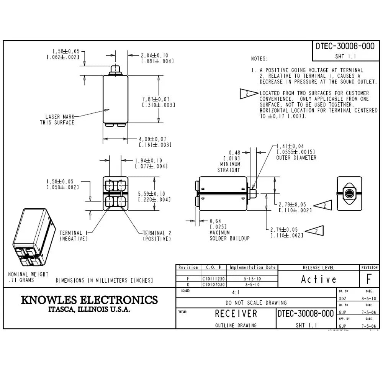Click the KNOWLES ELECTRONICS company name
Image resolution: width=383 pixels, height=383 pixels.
tap(89, 300)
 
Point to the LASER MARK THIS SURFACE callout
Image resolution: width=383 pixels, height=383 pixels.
tap(57, 119)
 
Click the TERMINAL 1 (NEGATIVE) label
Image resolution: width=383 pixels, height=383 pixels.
tap(74, 236)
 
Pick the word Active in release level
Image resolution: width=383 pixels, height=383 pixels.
tap(318, 280)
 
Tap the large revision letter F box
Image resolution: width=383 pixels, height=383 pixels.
tap(369, 280)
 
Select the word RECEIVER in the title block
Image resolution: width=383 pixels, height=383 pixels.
tap(236, 314)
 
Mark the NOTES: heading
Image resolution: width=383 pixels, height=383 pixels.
tap(259, 59)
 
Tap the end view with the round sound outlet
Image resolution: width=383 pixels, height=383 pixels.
tap(349, 194)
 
